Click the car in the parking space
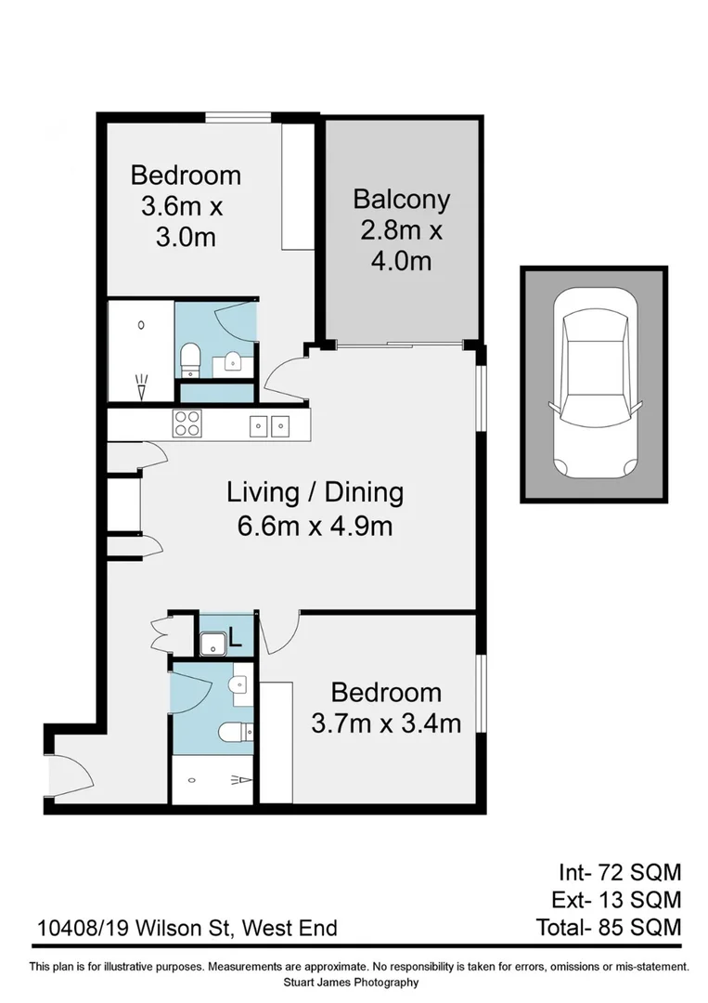point(593,384)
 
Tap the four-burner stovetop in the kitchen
point(187,423)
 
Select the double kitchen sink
point(269,426)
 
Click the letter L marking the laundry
point(236,639)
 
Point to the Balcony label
point(401,200)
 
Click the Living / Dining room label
point(315,491)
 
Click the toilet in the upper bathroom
point(189,356)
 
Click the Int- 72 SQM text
point(619,872)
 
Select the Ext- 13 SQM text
point(619,899)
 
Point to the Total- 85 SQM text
point(609,927)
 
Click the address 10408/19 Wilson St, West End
point(186,928)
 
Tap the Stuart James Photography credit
point(354,983)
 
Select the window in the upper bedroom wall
point(238,117)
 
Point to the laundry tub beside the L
point(212,641)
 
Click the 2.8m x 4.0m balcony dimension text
point(401,245)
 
